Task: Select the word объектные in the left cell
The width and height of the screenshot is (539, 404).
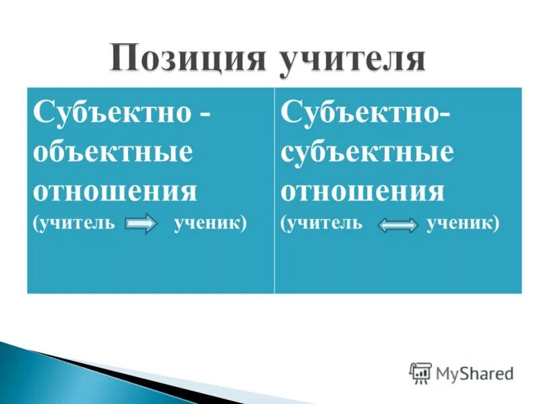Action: (x=113, y=152)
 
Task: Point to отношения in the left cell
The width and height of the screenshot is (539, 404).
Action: (x=115, y=191)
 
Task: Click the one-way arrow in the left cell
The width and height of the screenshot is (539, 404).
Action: (x=141, y=224)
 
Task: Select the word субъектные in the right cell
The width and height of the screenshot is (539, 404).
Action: (x=367, y=152)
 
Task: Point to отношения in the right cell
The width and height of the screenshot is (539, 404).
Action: (x=362, y=191)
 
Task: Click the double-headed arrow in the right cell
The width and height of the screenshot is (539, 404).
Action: (x=398, y=225)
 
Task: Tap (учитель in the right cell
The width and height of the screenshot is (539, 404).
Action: (x=322, y=223)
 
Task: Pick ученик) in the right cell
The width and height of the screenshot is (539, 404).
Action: (x=463, y=223)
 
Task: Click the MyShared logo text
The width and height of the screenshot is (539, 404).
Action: (x=474, y=372)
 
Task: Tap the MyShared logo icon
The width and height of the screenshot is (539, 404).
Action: (x=420, y=372)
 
